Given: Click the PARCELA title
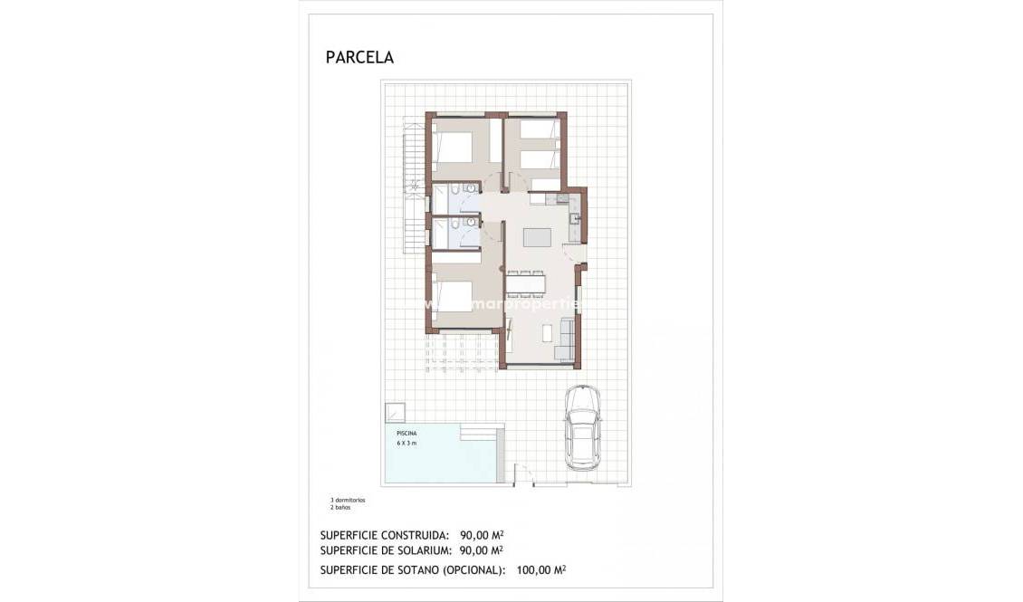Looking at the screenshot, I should tap(359, 57).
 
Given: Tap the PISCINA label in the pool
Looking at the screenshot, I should tap(406, 435).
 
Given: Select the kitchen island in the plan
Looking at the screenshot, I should tap(537, 237).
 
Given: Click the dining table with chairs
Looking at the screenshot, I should tap(525, 282).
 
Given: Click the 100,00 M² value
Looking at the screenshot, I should tap(541, 570).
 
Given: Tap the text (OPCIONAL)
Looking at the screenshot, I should tap(473, 570).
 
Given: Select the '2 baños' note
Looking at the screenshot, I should tap(339, 508).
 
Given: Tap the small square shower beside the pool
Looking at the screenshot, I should tap(394, 413).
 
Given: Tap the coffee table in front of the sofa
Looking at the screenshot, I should tap(546, 332).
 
